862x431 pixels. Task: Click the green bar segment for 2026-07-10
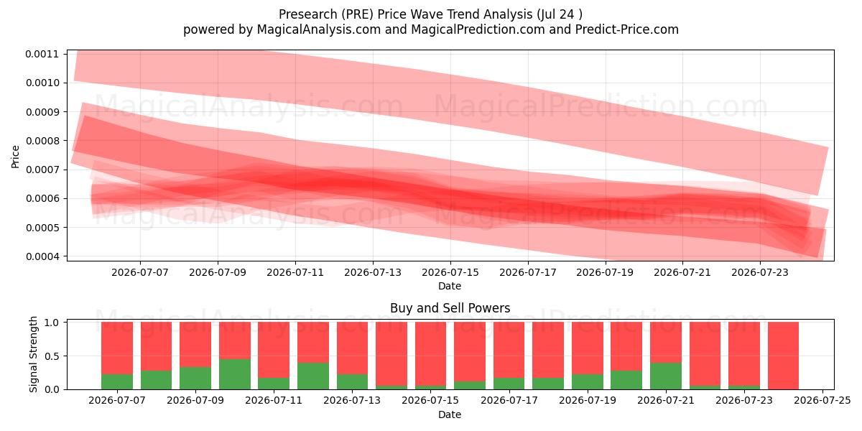(235, 374)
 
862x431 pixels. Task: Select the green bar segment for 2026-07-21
(666, 376)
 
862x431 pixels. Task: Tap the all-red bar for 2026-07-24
(783, 356)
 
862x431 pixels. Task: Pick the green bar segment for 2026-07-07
(117, 381)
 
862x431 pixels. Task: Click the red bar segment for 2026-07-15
(430, 353)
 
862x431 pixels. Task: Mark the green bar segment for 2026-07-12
(313, 376)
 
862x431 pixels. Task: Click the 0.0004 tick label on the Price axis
(42, 256)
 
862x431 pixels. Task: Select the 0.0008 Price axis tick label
(42, 141)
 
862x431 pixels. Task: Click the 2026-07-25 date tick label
(822, 400)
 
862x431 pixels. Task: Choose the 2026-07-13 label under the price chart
(373, 272)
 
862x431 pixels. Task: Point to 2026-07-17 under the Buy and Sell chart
(509, 400)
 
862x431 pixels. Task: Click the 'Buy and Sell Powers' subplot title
(450, 308)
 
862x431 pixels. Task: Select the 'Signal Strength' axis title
(34, 354)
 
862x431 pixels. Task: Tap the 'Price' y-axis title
(15, 157)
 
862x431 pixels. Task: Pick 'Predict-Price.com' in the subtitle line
(627, 29)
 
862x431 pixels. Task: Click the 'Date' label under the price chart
(450, 286)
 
